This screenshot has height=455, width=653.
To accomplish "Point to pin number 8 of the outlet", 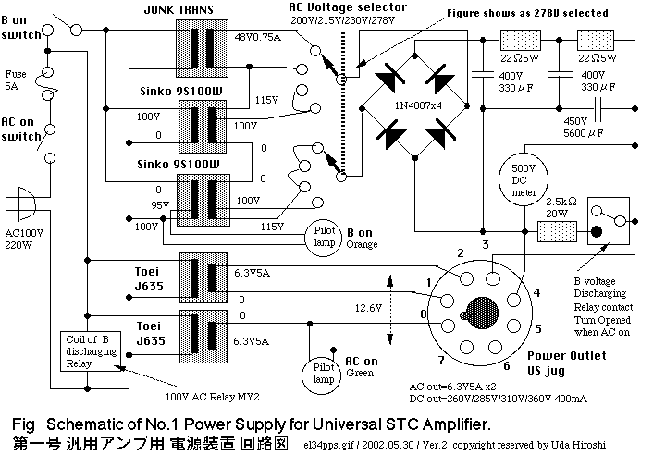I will [x=423, y=315].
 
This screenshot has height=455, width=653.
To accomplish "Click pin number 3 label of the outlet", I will [x=485, y=244].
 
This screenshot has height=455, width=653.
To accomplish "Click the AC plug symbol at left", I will [x=27, y=204].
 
